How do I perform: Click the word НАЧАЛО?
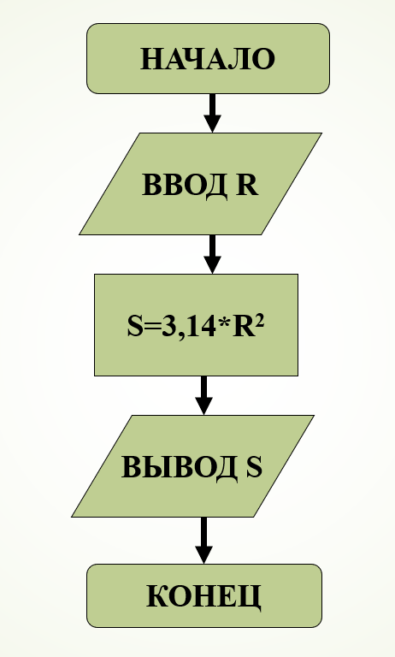(208, 59)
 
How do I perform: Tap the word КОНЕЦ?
(203, 595)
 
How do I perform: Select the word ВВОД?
(185, 185)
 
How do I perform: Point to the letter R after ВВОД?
(247, 185)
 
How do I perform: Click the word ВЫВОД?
(180, 467)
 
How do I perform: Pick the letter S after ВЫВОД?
(254, 466)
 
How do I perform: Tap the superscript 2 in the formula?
(259, 322)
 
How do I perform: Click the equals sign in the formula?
(152, 327)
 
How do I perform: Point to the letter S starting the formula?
(135, 327)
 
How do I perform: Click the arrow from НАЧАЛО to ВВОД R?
(212, 113)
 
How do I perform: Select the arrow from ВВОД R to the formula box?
(212, 254)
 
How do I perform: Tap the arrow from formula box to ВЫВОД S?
(204, 395)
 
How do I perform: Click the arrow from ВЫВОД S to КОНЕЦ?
(204, 541)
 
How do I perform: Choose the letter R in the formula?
(243, 327)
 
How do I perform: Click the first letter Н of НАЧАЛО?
(150, 59)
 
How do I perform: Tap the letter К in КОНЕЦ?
(156, 595)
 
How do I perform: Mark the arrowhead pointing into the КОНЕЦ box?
(204, 554)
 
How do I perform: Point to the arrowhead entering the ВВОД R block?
(212, 123)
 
